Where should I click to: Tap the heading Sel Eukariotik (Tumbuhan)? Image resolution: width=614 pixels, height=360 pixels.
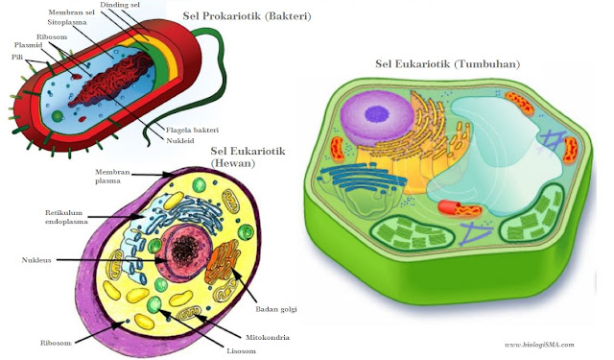click(x=447, y=64)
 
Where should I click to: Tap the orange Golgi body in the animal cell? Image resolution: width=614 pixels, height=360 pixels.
click(x=226, y=264)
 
